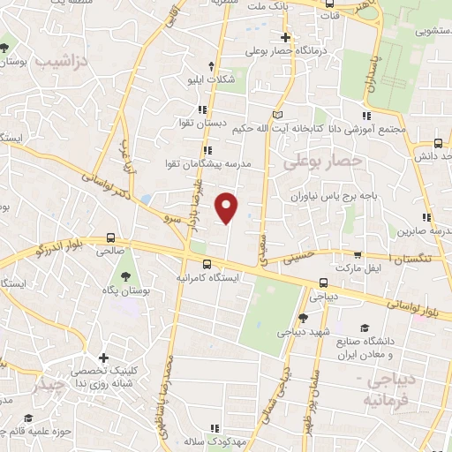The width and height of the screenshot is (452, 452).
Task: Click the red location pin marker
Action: pos(228,208)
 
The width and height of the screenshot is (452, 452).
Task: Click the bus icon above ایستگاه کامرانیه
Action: pos(207,262)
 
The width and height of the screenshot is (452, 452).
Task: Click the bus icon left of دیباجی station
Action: pos(324,282)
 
